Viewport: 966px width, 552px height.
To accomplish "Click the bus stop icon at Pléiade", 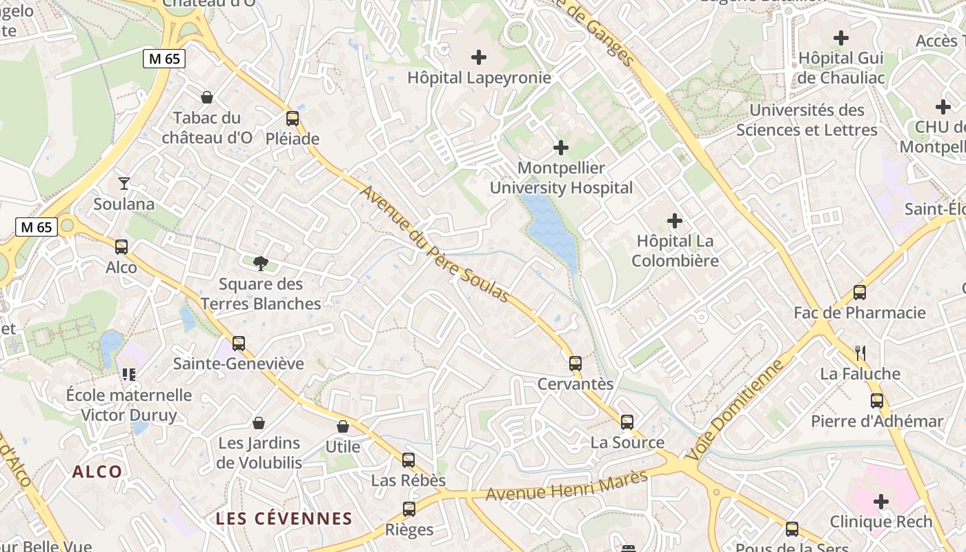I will [293, 118].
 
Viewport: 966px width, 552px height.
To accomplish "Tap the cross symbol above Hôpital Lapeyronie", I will [478, 57].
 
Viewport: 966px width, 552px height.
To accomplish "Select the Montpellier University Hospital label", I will [561, 178].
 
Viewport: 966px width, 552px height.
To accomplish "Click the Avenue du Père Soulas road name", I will [434, 244].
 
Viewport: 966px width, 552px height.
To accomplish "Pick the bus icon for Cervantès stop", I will [575, 363].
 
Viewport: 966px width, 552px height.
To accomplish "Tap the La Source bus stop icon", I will [627, 422].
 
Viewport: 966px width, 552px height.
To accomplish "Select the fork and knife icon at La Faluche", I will [860, 353].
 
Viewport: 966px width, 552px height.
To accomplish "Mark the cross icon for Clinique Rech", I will [880, 501].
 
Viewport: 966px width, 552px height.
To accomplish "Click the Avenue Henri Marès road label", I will [567, 486].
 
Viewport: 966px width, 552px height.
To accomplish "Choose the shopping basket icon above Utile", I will [343, 426].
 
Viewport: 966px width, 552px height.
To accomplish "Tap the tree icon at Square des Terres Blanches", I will [261, 263].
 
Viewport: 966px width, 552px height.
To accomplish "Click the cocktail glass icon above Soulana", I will [124, 183].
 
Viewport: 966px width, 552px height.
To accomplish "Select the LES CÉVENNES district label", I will [284, 519].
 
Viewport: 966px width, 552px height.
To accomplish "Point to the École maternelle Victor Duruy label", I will [129, 405].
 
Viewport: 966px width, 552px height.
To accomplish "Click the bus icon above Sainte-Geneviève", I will [239, 343].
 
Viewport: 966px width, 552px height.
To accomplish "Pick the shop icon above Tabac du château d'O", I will [206, 97].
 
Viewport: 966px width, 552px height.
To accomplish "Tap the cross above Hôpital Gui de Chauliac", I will [840, 38].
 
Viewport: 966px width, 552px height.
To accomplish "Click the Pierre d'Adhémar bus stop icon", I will [876, 400].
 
